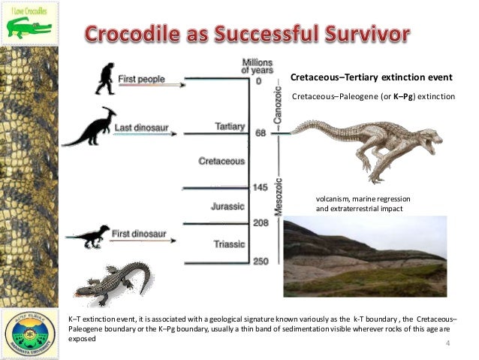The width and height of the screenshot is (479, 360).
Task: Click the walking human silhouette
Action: pos(104,78)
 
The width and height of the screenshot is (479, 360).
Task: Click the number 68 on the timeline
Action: pos(261,134)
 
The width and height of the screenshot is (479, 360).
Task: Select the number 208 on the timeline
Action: pos(261,223)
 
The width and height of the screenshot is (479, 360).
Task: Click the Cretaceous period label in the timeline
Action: pos(221,161)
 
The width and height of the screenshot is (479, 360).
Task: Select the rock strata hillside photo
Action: pos(364,256)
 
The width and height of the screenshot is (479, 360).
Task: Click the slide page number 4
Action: pos(447,343)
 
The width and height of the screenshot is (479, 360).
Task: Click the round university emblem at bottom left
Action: pos(29,331)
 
